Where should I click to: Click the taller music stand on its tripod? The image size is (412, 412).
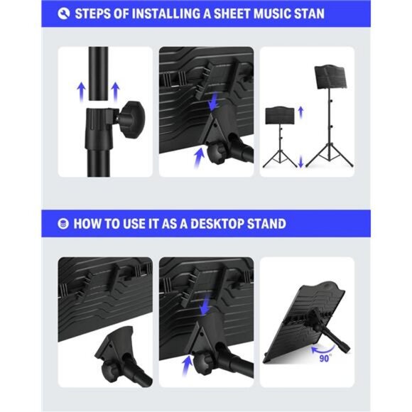(x=330, y=114)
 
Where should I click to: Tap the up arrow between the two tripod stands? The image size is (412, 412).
(x=300, y=111)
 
